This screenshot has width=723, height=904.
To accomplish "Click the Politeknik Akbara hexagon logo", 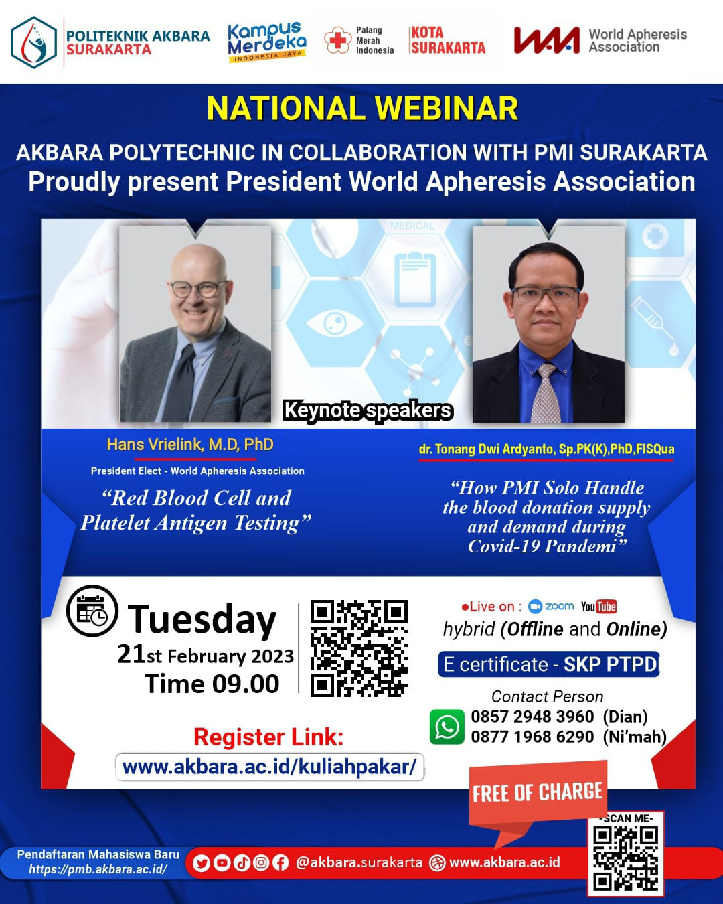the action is click(x=33, y=42).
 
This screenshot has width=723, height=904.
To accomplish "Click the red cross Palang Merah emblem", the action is click(x=338, y=40).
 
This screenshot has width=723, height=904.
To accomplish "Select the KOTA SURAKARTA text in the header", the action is click(x=448, y=40).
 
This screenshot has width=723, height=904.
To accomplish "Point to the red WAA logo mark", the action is click(x=546, y=40).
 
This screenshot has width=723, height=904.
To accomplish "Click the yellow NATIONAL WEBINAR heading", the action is click(x=362, y=108).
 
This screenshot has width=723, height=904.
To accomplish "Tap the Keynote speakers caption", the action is click(x=368, y=410).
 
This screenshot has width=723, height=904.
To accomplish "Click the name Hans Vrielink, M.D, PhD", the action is click(x=190, y=445).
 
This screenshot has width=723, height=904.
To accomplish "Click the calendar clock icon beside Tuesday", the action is click(x=92, y=611).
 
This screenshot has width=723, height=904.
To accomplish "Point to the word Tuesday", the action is click(x=202, y=619).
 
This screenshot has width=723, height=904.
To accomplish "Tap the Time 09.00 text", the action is click(x=212, y=684).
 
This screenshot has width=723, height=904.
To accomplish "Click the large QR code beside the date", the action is click(x=359, y=648).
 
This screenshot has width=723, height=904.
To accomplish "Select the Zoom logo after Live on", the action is click(x=551, y=606).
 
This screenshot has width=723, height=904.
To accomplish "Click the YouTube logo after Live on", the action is click(x=598, y=607).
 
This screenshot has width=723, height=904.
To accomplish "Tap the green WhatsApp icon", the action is click(x=447, y=727).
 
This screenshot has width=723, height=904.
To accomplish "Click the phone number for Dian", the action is click(x=532, y=717).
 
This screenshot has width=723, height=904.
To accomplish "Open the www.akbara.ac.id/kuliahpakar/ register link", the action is click(x=270, y=767).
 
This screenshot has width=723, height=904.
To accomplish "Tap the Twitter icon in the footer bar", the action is click(x=202, y=863).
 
